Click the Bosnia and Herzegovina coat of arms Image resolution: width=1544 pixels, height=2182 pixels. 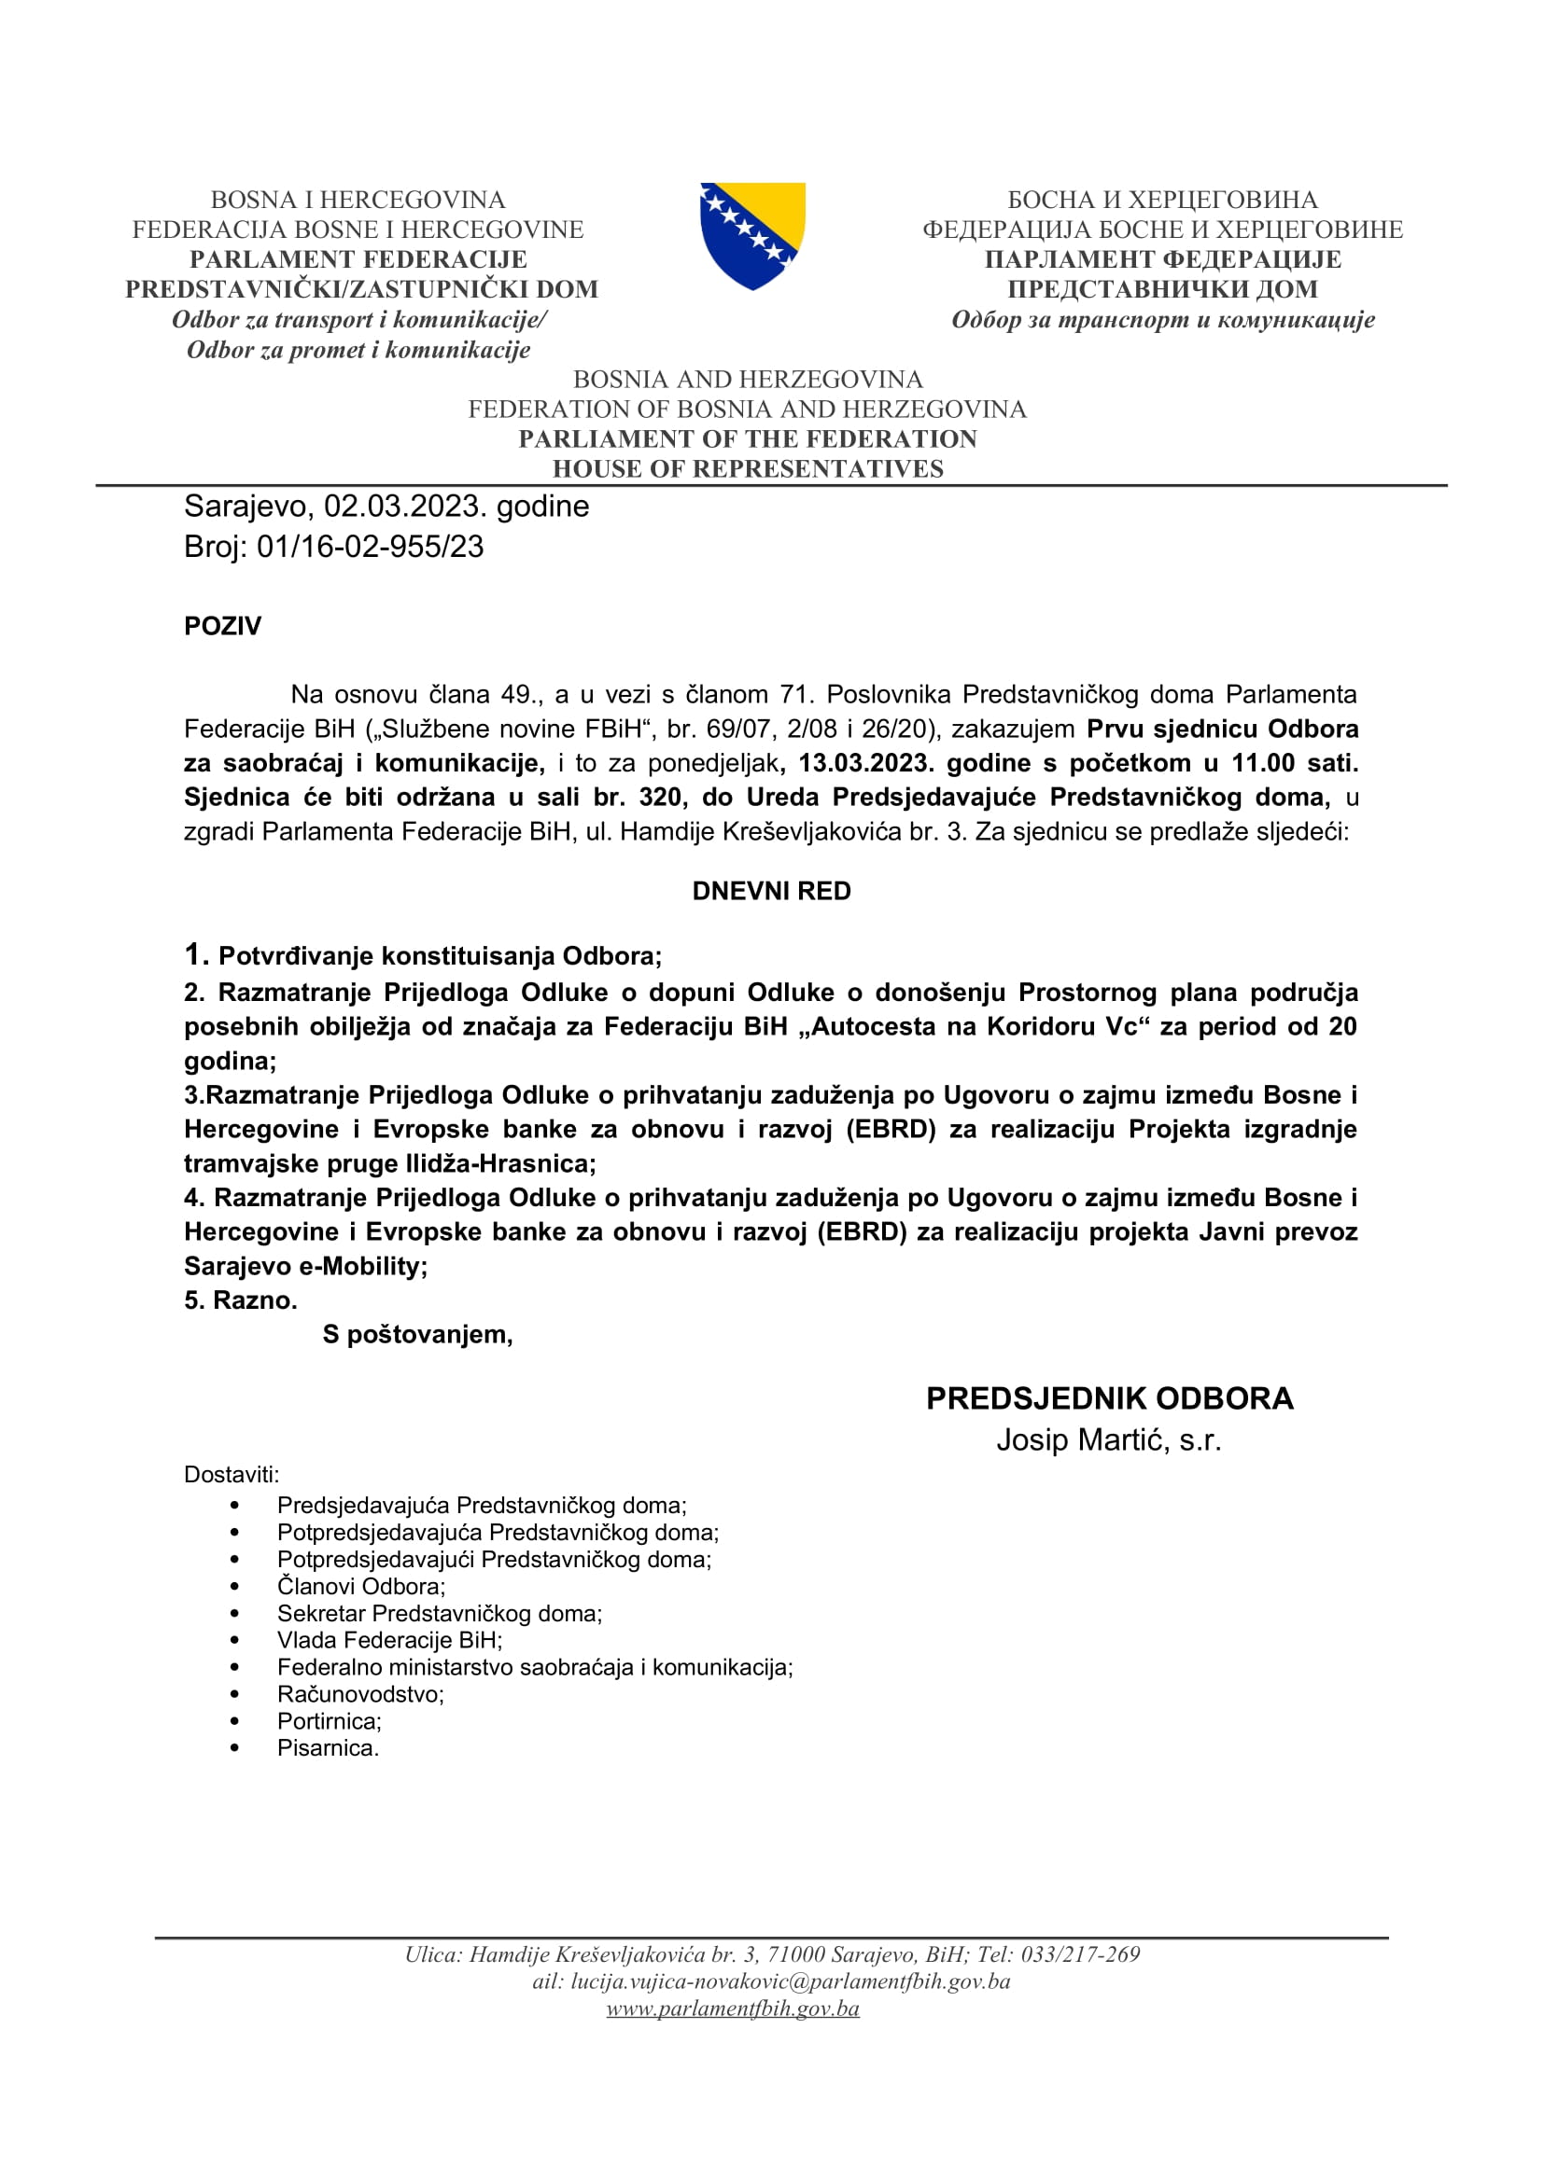[x=752, y=235]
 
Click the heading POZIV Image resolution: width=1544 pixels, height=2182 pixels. [x=222, y=626]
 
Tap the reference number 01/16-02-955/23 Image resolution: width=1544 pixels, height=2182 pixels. [x=370, y=548]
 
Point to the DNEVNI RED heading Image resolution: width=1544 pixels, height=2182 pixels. [x=771, y=892]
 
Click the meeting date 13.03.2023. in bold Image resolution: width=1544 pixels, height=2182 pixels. [x=866, y=763]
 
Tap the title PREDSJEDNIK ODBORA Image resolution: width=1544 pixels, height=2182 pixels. [x=1110, y=1399]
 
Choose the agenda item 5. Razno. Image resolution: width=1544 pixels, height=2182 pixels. [x=241, y=1300]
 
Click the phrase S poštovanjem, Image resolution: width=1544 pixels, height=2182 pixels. [x=417, y=1334]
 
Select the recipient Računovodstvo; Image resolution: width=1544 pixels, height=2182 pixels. [x=360, y=1694]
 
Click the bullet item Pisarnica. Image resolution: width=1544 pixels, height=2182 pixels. [x=328, y=1747]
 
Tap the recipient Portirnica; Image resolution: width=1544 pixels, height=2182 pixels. [x=329, y=1721]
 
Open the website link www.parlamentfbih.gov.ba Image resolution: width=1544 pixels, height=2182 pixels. [x=733, y=2008]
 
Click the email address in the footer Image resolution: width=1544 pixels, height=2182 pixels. [x=790, y=1981]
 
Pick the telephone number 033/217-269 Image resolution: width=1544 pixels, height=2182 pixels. [x=1080, y=1954]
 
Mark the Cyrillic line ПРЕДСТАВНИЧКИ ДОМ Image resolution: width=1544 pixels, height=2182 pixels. [x=1162, y=289]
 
